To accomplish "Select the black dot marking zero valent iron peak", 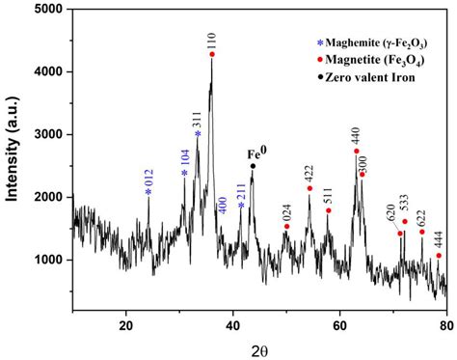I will coord(253,166).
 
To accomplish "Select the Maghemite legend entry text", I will coord(339,43).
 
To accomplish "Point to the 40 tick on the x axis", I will coord(232,326).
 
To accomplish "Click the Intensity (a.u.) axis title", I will coord(13,159).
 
